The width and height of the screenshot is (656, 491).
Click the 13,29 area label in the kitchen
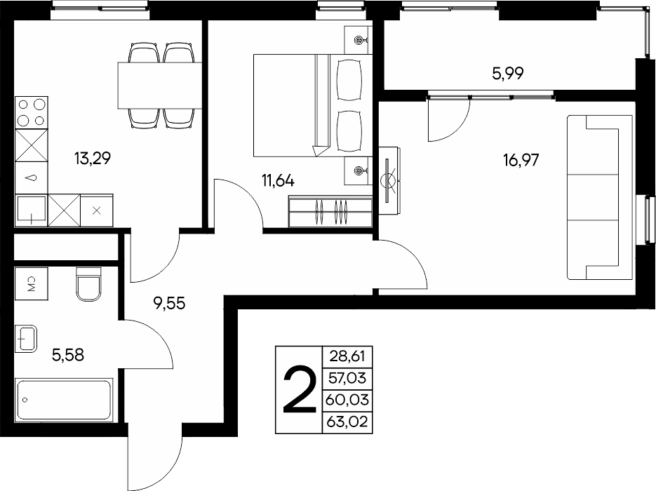(93, 159)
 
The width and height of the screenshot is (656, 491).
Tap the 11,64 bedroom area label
(279, 181)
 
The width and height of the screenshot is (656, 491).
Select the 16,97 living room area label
(521, 160)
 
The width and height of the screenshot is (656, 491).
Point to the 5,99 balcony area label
(508, 74)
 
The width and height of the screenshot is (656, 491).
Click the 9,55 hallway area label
(170, 303)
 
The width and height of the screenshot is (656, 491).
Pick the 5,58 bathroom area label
(68, 355)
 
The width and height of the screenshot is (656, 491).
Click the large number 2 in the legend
(300, 390)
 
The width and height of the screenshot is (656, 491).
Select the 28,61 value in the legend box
(348, 356)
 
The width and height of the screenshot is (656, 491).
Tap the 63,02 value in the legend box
(348, 421)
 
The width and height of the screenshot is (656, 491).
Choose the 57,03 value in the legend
(348, 378)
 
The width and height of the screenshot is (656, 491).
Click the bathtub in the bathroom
(64, 399)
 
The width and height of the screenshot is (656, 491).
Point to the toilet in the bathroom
(88, 284)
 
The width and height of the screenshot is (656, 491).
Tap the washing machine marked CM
(32, 283)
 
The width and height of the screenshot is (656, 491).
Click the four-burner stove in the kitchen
(32, 112)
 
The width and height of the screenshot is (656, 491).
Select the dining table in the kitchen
(160, 86)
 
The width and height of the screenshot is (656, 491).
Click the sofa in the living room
(599, 197)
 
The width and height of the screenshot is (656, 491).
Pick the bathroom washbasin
(26, 338)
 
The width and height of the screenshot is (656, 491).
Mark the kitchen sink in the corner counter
(31, 210)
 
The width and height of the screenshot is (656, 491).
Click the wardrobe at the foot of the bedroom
(330, 212)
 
